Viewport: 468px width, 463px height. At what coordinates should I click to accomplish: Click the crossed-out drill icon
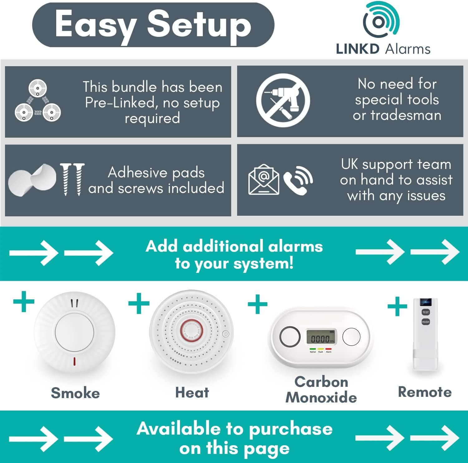click(x=283, y=100)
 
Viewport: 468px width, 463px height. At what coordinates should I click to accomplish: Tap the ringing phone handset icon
click(x=298, y=180)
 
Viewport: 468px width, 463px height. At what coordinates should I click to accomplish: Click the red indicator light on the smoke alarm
click(x=74, y=361)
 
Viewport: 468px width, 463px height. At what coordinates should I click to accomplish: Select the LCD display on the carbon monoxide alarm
click(x=321, y=338)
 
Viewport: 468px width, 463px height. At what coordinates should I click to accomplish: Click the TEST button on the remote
click(x=426, y=312)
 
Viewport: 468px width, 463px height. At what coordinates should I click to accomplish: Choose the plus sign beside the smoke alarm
click(x=24, y=301)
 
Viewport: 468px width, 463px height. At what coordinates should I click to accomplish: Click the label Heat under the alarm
click(x=192, y=393)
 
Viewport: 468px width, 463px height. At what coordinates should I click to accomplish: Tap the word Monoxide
click(x=321, y=398)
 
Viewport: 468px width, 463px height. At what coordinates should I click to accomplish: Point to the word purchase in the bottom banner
click(x=291, y=429)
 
